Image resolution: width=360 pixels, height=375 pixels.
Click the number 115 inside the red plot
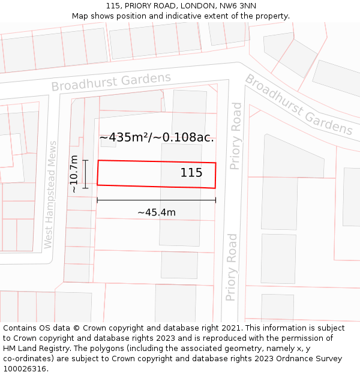pyautogui.click(x=191, y=173)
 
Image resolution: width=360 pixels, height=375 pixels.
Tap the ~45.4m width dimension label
pyautogui.click(x=157, y=212)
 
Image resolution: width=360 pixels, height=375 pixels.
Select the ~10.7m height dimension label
pyautogui.click(x=74, y=174)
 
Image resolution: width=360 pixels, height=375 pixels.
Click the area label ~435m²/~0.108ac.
pyautogui.click(x=157, y=137)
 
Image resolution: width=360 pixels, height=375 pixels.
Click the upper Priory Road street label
pyautogui.click(x=236, y=136)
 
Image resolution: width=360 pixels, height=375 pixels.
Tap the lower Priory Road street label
pyautogui.click(x=232, y=267)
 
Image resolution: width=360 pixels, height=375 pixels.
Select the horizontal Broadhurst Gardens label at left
pyautogui.click(x=111, y=82)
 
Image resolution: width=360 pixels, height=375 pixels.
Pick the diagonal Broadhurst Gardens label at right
pyautogui.click(x=298, y=104)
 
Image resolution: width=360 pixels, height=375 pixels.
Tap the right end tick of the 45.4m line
pyautogui.click(x=215, y=200)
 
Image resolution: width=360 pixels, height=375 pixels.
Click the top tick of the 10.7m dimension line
pyautogui.click(x=85, y=160)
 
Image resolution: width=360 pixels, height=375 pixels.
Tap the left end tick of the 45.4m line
pyautogui.click(x=97, y=200)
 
